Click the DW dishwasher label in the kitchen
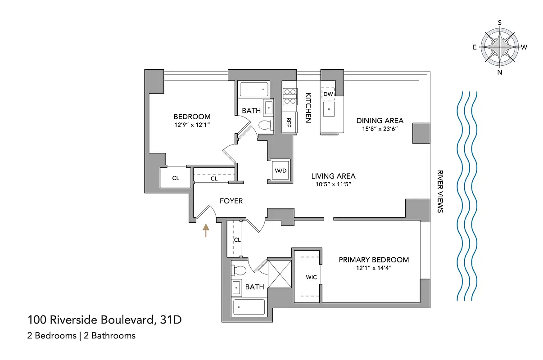(x=328, y=94)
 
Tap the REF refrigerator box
(x=289, y=122)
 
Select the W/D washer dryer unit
(x=281, y=171)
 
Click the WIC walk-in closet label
(x=311, y=277)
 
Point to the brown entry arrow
(x=206, y=230)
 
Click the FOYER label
(x=231, y=201)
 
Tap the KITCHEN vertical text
(x=308, y=108)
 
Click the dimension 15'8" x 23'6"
(x=380, y=128)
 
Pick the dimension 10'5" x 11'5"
(x=333, y=184)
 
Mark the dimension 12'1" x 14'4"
(x=374, y=268)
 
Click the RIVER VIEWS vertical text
(x=440, y=191)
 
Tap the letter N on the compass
(x=500, y=72)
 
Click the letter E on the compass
(x=475, y=47)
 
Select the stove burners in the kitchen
(x=290, y=96)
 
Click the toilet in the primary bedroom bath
(x=239, y=271)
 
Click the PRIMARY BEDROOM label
(x=374, y=260)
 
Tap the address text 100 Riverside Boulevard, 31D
(x=104, y=320)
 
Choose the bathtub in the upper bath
(x=253, y=89)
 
